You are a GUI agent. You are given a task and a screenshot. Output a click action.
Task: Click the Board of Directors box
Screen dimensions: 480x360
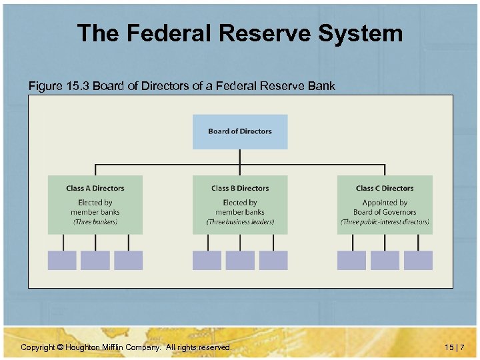(240, 131)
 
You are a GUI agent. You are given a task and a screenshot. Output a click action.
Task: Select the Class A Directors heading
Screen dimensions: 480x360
(95, 189)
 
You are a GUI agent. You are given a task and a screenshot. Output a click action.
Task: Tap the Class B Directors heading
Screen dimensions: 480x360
(240, 189)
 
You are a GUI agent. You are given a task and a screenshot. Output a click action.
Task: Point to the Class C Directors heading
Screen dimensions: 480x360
(385, 189)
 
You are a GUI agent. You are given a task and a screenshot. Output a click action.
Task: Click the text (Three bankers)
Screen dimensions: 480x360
(95, 222)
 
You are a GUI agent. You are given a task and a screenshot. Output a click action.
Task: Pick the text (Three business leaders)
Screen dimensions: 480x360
(240, 222)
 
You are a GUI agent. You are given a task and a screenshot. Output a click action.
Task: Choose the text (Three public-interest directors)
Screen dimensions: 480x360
(385, 222)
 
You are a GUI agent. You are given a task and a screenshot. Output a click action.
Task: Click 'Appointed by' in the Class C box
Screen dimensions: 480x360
(385, 203)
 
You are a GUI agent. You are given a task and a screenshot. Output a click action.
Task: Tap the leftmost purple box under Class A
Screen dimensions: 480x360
(62, 260)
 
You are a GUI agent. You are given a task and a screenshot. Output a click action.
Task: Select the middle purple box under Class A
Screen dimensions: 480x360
(95, 260)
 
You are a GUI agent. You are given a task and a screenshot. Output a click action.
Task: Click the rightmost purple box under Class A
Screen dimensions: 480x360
(128, 260)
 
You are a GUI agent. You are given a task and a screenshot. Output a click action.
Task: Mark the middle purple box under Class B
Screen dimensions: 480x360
(240, 260)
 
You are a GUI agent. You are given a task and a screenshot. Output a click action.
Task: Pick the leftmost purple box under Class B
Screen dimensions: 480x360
(207, 260)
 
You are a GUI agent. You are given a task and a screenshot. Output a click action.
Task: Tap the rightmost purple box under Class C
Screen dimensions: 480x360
(418, 260)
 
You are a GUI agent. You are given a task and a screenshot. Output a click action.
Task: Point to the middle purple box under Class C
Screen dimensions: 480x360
(385, 260)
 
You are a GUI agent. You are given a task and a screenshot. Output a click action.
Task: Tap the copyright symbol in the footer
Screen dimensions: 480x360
(60, 347)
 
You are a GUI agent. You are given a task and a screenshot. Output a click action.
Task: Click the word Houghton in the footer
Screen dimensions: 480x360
(84, 347)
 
